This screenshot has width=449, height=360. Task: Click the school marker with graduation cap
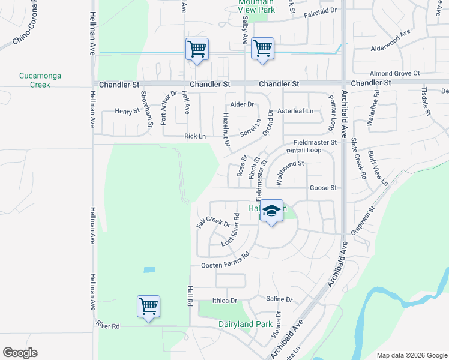click(x=272, y=211)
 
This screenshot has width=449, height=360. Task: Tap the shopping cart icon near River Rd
click(x=148, y=307)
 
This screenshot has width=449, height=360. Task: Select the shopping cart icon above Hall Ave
click(x=197, y=49)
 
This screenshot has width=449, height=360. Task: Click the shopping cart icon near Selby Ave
click(x=262, y=49)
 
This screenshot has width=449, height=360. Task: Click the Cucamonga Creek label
click(x=40, y=80)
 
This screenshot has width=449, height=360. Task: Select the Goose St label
click(x=322, y=188)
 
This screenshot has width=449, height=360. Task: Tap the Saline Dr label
click(x=279, y=299)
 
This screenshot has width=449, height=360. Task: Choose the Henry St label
click(x=127, y=111)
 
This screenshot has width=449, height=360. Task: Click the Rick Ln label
click(x=195, y=136)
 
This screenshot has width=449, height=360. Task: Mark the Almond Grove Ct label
click(x=394, y=73)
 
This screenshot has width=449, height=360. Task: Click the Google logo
click(x=20, y=353)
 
